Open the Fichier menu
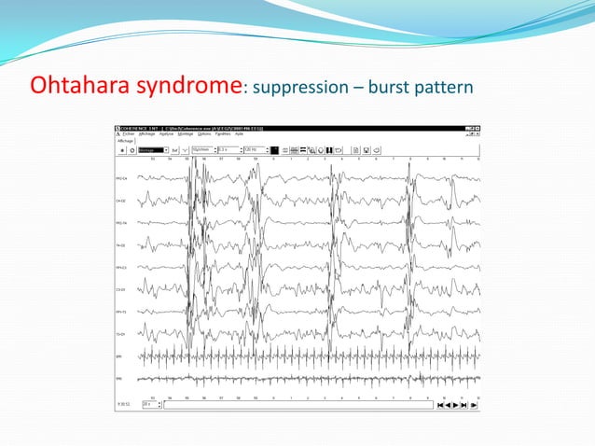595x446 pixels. tap(130, 134)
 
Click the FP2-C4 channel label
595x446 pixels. tap(121, 178)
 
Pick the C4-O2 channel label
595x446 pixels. tap(121, 201)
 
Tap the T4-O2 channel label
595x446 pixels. tap(121, 245)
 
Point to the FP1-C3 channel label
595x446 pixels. tap(121, 268)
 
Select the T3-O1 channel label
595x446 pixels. tap(121, 334)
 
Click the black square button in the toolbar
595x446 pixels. tap(274, 149)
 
